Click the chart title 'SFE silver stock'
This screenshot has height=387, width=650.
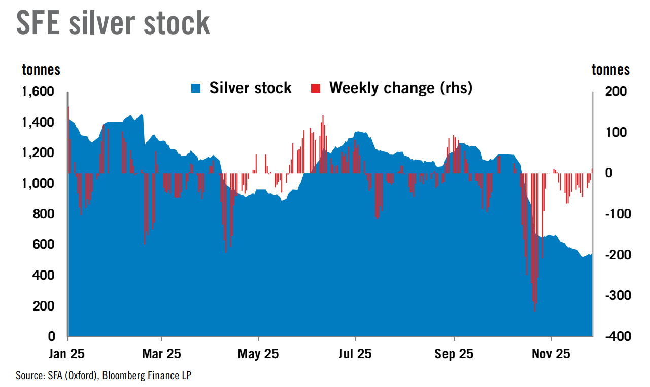point(113,23)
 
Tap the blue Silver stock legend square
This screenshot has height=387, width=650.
point(196,88)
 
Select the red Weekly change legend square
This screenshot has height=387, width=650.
point(316,88)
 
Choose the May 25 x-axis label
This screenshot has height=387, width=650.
point(258,354)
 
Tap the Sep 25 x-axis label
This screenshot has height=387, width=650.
point(454,354)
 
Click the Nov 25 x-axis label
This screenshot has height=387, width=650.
point(552,354)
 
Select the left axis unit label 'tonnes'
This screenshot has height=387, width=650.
point(41,70)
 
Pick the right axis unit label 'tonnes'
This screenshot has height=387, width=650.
point(611,70)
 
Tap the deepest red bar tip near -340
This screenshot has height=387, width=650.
point(535,311)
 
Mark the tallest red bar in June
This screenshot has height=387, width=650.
point(323,117)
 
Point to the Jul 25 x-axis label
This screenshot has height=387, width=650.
point(355,354)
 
